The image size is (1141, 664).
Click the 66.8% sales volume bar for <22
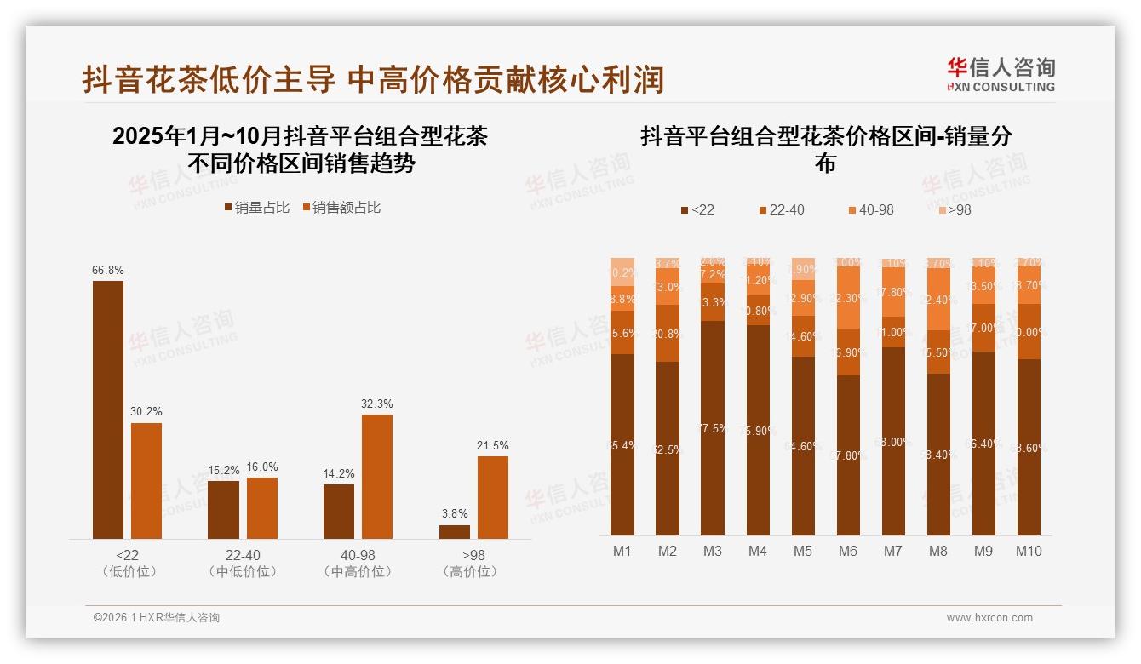click(108, 409)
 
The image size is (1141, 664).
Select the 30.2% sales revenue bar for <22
click(146, 480)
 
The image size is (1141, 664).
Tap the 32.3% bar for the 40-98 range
click(377, 476)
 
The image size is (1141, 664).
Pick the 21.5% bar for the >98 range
click(492, 497)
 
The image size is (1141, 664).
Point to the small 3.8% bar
click(455, 531)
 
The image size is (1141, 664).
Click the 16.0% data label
click(262, 467)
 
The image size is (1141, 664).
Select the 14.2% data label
click(339, 474)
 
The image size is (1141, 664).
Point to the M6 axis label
click(847, 551)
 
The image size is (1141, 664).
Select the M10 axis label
click(1029, 551)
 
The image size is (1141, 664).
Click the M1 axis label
click(622, 551)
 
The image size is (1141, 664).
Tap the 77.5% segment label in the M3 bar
click(713, 429)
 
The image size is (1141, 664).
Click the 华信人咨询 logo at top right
click(1001, 74)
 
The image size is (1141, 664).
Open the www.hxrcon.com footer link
click(989, 618)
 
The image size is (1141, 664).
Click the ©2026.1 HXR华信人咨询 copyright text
click(157, 618)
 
